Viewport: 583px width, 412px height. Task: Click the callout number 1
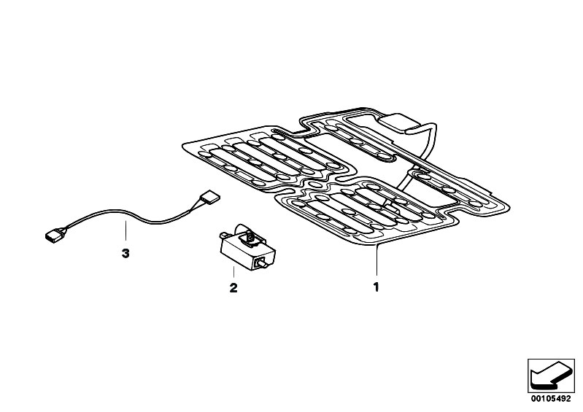click(377, 287)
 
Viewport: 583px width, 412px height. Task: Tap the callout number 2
click(233, 288)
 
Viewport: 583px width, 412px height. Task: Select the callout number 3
click(126, 254)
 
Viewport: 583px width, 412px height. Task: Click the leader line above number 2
click(233, 272)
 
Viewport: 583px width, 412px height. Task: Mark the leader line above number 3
click(126, 230)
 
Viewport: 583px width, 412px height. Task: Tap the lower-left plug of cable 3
click(55, 235)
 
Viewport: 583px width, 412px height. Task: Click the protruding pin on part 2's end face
click(263, 265)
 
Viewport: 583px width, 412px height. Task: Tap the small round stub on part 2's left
click(223, 235)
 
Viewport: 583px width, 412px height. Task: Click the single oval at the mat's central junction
click(315, 184)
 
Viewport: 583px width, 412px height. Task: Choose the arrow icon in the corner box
click(550, 376)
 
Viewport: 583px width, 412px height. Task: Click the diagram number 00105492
click(551, 399)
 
